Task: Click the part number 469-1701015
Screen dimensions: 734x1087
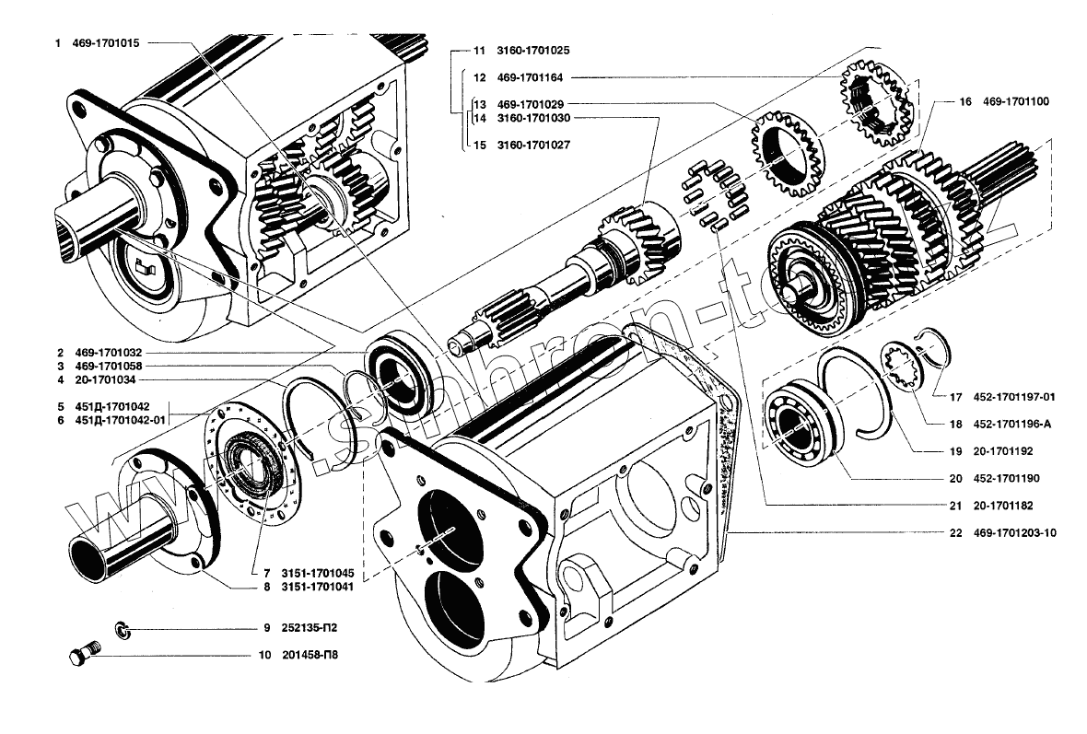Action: (x=106, y=42)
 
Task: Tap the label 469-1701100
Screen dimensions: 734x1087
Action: (x=1017, y=101)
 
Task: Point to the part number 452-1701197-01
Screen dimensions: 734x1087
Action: (x=1013, y=398)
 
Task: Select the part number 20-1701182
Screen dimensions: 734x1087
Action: (x=1004, y=506)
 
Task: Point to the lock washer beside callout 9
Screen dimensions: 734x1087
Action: (x=122, y=629)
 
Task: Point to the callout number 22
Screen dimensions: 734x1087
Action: (x=955, y=532)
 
